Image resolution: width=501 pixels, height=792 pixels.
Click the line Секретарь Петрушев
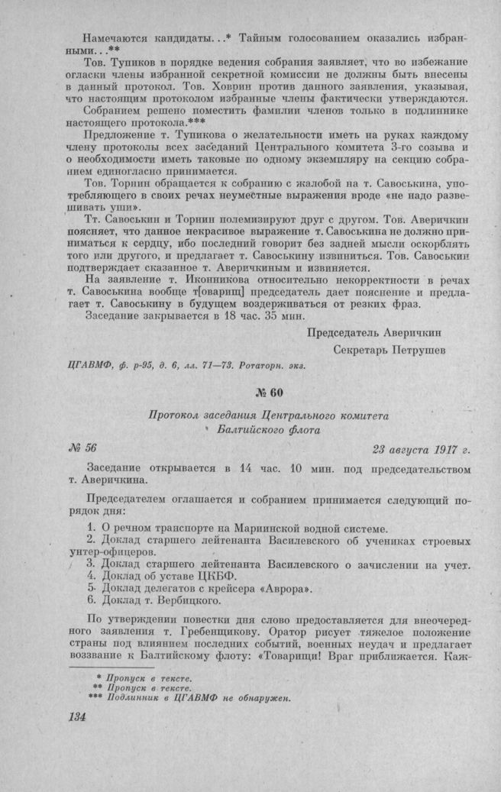(x=389, y=350)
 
